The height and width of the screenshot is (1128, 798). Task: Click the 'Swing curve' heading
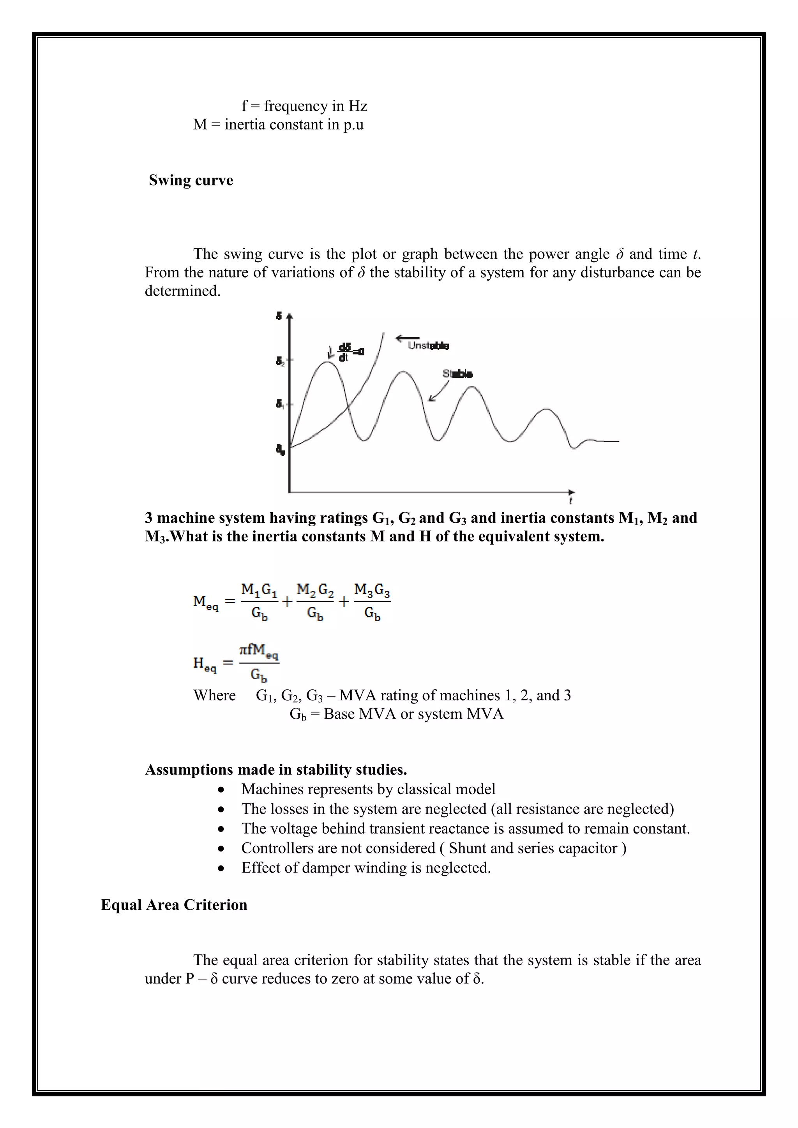click(191, 180)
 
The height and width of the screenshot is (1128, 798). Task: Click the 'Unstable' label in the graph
click(428, 346)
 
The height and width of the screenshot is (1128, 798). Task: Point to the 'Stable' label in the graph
click(457, 374)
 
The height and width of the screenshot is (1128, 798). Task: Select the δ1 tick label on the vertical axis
click(279, 404)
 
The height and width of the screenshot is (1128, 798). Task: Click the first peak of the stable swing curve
click(327, 362)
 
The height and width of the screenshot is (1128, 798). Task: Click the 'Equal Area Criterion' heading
click(174, 905)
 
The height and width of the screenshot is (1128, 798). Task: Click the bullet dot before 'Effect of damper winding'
click(222, 869)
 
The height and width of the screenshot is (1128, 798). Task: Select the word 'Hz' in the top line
click(358, 106)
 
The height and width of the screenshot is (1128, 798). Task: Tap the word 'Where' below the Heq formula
click(214, 696)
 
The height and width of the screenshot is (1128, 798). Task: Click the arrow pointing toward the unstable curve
click(407, 338)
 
